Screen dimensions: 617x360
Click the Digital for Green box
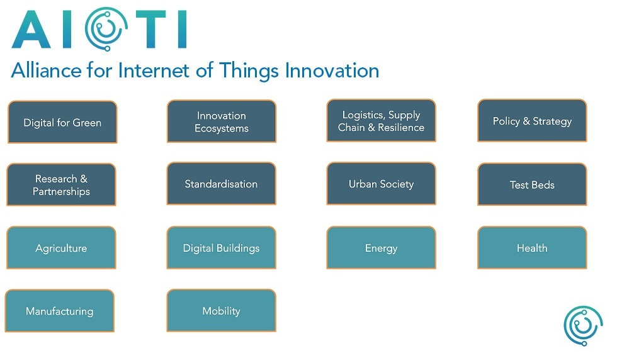[62, 122]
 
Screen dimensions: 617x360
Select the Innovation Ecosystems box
[222, 121]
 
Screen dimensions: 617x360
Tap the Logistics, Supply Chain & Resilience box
[382, 120]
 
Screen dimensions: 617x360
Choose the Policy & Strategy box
[532, 120]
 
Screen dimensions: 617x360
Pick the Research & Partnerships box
[62, 184]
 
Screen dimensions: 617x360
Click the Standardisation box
[222, 183]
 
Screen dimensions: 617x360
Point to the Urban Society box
[382, 183]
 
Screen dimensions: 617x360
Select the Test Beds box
[532, 184]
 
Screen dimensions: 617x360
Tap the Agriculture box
[62, 247]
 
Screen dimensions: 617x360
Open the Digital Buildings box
[222, 247]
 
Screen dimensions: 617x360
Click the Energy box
[382, 247]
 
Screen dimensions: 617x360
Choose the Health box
[532, 247]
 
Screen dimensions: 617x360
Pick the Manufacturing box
[59, 311]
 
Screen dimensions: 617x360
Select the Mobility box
[222, 310]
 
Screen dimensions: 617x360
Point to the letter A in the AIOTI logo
[31, 30]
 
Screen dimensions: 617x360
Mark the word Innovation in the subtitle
[332, 70]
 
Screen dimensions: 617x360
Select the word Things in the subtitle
[249, 72]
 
